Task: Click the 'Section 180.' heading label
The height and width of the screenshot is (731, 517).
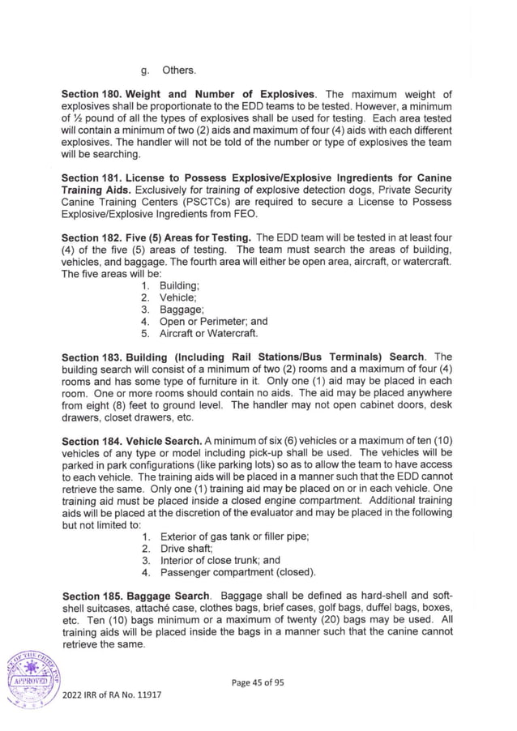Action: tap(93, 96)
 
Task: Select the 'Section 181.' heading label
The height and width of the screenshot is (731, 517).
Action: tap(93, 177)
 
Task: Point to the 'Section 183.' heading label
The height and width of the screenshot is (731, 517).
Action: tap(93, 357)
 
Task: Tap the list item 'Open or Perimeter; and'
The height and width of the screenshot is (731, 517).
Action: tap(213, 321)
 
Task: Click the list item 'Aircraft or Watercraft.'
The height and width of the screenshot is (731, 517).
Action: tap(208, 333)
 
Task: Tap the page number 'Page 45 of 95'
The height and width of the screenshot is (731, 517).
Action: tap(258, 682)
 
